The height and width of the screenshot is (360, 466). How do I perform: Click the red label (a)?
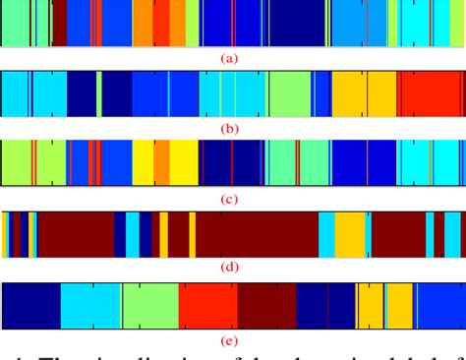tap(230, 58)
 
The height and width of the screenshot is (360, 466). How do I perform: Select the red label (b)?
tap(230, 128)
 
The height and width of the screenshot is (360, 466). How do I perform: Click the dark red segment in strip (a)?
tap(59, 24)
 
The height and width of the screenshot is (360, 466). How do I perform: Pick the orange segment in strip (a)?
tap(144, 24)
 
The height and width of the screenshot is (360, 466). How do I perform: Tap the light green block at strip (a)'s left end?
tap(15, 24)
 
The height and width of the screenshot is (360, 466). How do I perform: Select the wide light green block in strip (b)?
tap(289, 95)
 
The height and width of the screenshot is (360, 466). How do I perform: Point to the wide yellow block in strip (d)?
tap(349, 234)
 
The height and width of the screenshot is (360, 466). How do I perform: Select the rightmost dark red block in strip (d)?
tap(397, 234)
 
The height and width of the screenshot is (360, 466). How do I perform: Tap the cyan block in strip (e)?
tap(90, 305)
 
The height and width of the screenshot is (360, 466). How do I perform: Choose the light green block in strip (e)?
tap(149, 305)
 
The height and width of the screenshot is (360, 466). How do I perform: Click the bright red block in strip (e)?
tap(207, 305)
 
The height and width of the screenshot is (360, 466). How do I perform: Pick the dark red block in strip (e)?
tap(266, 305)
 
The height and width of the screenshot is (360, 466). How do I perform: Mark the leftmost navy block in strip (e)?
tap(32, 305)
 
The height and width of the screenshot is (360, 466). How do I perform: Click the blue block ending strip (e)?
tap(437, 305)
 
